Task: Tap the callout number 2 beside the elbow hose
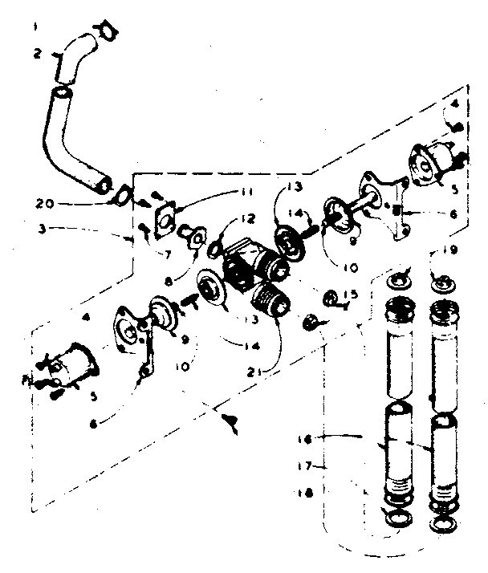[x=37, y=55]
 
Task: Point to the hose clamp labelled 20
[x=123, y=195]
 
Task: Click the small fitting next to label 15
[x=330, y=299]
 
